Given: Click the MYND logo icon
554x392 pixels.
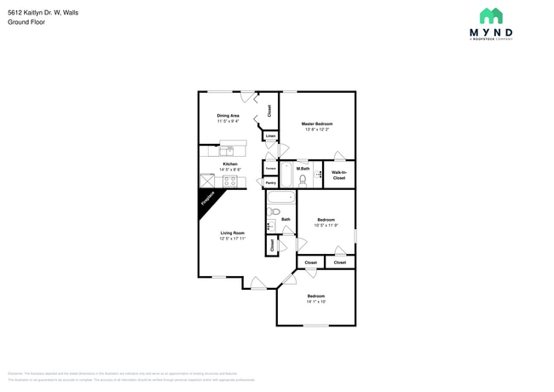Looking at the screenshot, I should click(x=490, y=16).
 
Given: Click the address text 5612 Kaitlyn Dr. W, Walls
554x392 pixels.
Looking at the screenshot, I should click(x=49, y=13).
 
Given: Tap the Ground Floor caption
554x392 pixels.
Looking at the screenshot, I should click(x=26, y=22).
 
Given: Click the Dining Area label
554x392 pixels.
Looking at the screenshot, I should click(x=228, y=115).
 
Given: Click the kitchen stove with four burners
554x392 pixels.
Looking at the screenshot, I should click(x=231, y=181).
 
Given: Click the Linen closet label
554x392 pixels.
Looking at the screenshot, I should click(x=270, y=136).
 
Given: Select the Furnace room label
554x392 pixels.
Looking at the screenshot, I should click(x=270, y=169).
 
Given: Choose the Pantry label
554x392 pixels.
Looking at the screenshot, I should click(x=270, y=182).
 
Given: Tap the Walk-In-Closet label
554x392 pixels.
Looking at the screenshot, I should click(x=338, y=175).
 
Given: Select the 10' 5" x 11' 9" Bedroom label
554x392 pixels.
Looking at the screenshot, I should click(x=326, y=225).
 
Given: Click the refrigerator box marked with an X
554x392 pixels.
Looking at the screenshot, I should click(x=207, y=181).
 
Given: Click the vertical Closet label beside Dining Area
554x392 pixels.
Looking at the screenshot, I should click(x=269, y=110).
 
